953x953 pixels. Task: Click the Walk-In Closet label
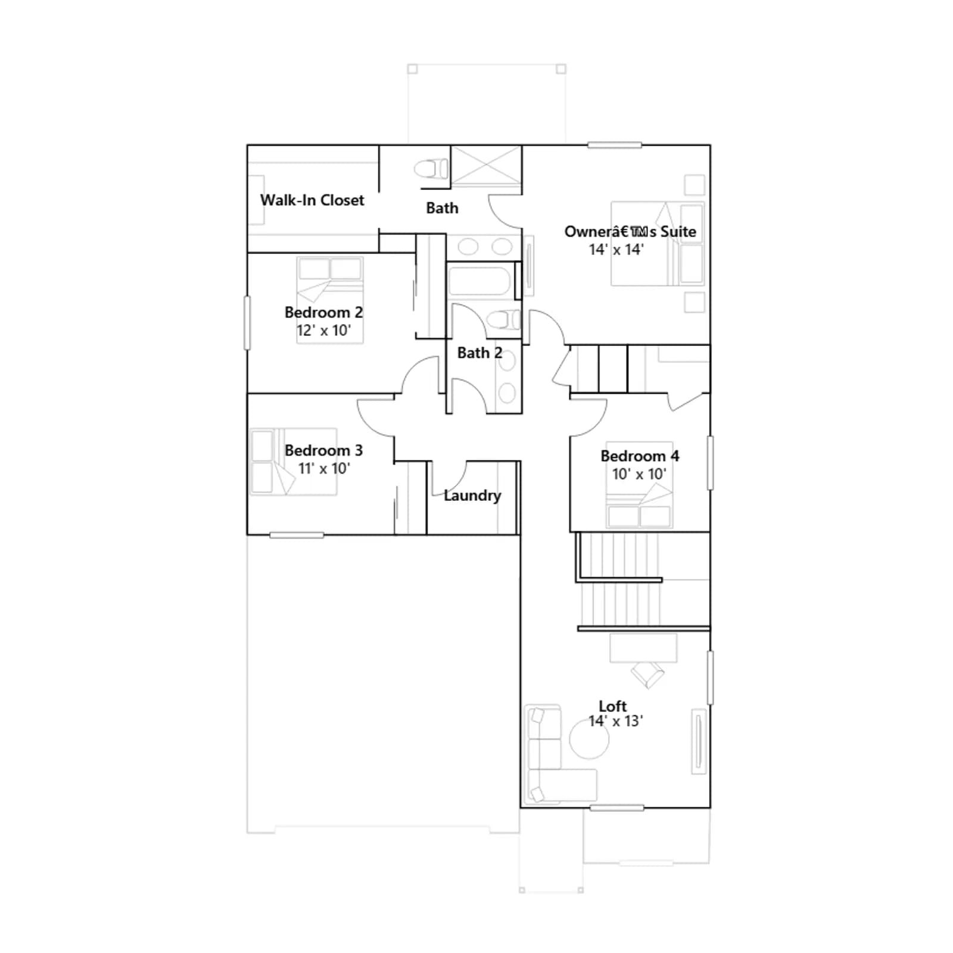pos(312,200)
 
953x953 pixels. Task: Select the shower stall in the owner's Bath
pos(486,166)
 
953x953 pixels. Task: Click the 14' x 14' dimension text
pos(616,250)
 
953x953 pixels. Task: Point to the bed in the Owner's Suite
pos(658,244)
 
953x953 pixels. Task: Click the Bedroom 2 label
pos(323,312)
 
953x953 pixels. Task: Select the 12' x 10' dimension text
pos(324,330)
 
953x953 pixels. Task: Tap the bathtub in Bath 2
pos(479,281)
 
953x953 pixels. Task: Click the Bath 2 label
pos(479,353)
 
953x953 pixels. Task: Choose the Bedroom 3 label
pos(323,450)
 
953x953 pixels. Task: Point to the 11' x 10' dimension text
pos(324,468)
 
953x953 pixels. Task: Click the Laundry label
pos(472,496)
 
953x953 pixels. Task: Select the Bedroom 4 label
pos(640,456)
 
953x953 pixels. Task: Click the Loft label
pos(613,706)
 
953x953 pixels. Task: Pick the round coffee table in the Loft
pos(589,739)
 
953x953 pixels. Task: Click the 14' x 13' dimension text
pos(616,721)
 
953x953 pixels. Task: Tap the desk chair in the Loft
pos(647,675)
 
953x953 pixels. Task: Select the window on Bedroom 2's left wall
pos(247,323)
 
